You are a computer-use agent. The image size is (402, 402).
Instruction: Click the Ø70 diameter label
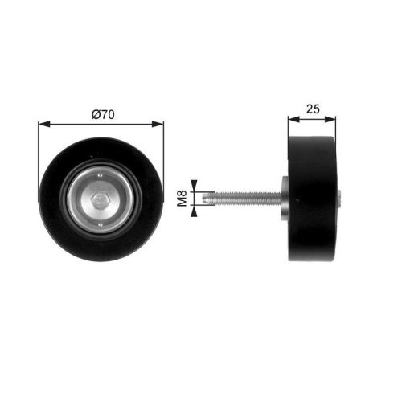point(101,114)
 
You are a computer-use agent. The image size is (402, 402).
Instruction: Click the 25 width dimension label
point(312,108)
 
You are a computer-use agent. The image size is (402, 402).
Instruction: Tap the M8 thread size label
point(183,198)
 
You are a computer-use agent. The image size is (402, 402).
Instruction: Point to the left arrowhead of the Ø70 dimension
point(43,124)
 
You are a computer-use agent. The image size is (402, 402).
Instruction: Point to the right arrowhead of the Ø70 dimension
point(159,124)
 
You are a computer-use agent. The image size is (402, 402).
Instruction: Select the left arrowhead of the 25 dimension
point(292,120)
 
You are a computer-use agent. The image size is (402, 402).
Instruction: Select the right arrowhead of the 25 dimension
point(332,120)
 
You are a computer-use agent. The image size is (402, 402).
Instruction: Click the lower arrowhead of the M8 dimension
point(194,211)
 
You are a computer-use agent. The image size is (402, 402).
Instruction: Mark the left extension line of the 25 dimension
point(288,129)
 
